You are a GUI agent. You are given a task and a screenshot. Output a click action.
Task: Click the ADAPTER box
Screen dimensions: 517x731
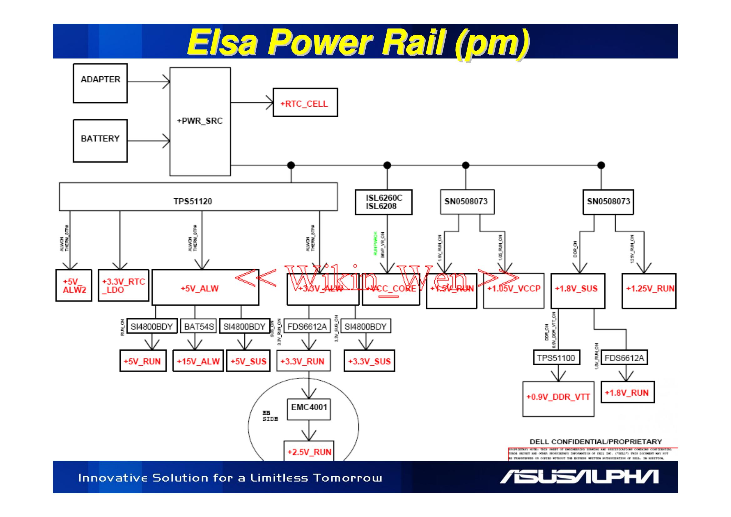pyautogui.click(x=100, y=83)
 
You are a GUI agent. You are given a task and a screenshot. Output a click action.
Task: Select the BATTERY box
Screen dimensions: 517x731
pyautogui.click(x=100, y=140)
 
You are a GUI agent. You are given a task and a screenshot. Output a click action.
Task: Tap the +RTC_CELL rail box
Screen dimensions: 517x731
pyautogui.click(x=305, y=103)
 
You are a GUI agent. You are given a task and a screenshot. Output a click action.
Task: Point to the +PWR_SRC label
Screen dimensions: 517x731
pyautogui.click(x=200, y=121)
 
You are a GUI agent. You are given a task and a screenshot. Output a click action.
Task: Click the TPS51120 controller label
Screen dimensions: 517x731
pyautogui.click(x=193, y=201)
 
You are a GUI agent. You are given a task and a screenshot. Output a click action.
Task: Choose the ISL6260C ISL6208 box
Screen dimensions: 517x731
pyautogui.click(x=383, y=202)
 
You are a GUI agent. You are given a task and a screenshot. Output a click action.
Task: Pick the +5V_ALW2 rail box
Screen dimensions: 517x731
pyautogui.click(x=74, y=286)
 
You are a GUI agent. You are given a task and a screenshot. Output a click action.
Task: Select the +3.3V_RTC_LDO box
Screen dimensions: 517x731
pyautogui.click(x=123, y=286)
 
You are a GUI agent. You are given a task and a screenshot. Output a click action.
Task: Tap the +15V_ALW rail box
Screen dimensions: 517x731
pyautogui.click(x=198, y=361)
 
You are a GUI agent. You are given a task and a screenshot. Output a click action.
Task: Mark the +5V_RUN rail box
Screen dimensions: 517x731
pyautogui.click(x=143, y=361)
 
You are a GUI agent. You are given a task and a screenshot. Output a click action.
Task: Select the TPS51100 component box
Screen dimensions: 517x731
pyautogui.click(x=556, y=358)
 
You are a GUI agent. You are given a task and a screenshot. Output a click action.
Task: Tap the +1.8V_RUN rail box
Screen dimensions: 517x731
pyautogui.click(x=627, y=393)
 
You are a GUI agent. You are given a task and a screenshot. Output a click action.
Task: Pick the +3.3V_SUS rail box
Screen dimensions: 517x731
pyautogui.click(x=369, y=361)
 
